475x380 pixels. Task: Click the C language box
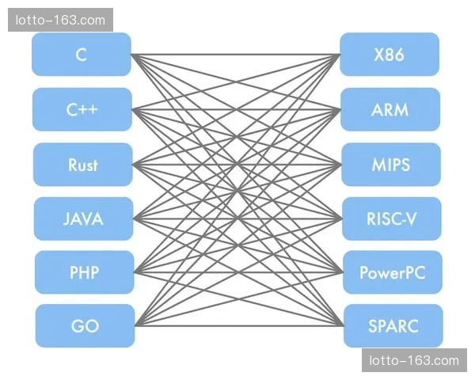point(82,55)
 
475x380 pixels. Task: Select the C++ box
point(82,109)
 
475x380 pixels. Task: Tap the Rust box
point(82,165)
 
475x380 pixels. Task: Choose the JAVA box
point(83,218)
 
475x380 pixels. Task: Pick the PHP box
point(84,272)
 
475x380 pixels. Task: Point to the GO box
point(85,325)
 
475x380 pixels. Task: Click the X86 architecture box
point(389,55)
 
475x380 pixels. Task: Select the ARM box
point(389,109)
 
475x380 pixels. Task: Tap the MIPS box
point(390,165)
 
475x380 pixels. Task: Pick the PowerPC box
point(392,272)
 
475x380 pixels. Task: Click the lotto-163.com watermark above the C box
point(60,19)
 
